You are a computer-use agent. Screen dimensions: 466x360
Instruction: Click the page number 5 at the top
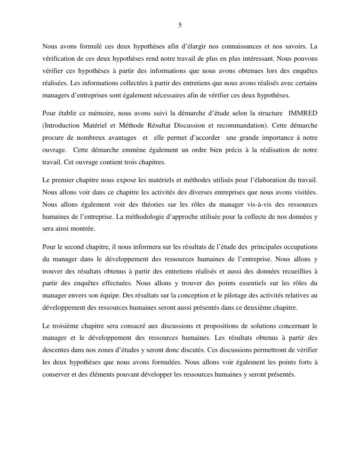180,25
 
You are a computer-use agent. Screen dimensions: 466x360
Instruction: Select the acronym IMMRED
304,113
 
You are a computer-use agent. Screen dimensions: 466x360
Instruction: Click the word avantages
121,138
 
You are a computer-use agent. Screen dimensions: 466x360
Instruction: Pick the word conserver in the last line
57,375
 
